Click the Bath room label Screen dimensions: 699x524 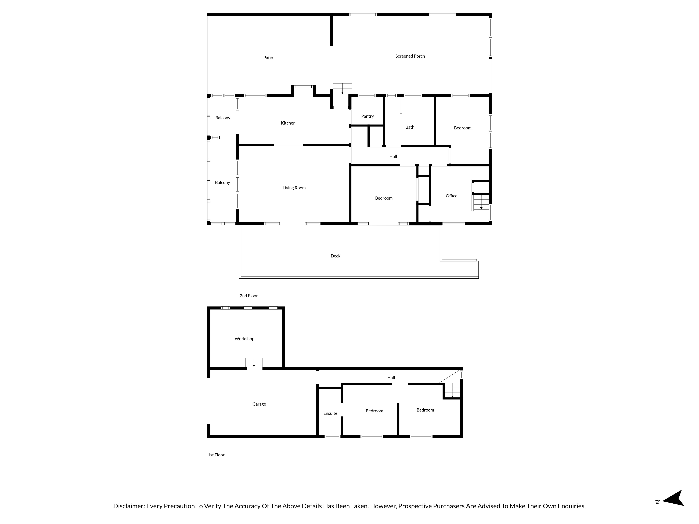[410, 127]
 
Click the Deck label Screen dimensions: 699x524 [335, 256]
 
